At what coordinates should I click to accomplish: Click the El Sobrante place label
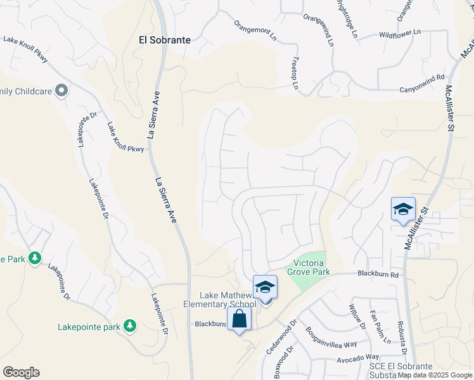click(165, 39)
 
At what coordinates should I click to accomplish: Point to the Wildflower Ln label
click(400, 33)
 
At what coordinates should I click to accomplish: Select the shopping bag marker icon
click(240, 319)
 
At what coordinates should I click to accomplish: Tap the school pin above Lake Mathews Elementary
click(266, 287)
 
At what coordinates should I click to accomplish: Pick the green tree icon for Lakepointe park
click(130, 326)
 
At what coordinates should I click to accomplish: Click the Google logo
click(21, 372)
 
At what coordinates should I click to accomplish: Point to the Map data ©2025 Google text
click(435, 375)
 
